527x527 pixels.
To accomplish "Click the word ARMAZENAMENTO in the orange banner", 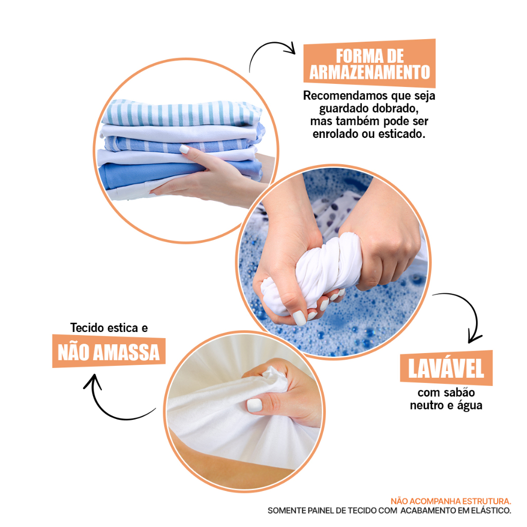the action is tap(370, 72).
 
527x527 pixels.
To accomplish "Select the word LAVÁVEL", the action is tap(446, 368).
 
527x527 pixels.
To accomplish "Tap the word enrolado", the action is tap(336, 134).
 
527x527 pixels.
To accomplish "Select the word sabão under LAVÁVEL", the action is tap(460, 392).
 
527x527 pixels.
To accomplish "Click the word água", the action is tap(470, 406).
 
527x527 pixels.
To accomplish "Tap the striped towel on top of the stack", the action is tap(182, 113).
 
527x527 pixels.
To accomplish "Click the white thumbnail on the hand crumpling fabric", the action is tap(254, 405).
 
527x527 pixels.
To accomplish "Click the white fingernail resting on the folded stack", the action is tap(184, 149).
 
